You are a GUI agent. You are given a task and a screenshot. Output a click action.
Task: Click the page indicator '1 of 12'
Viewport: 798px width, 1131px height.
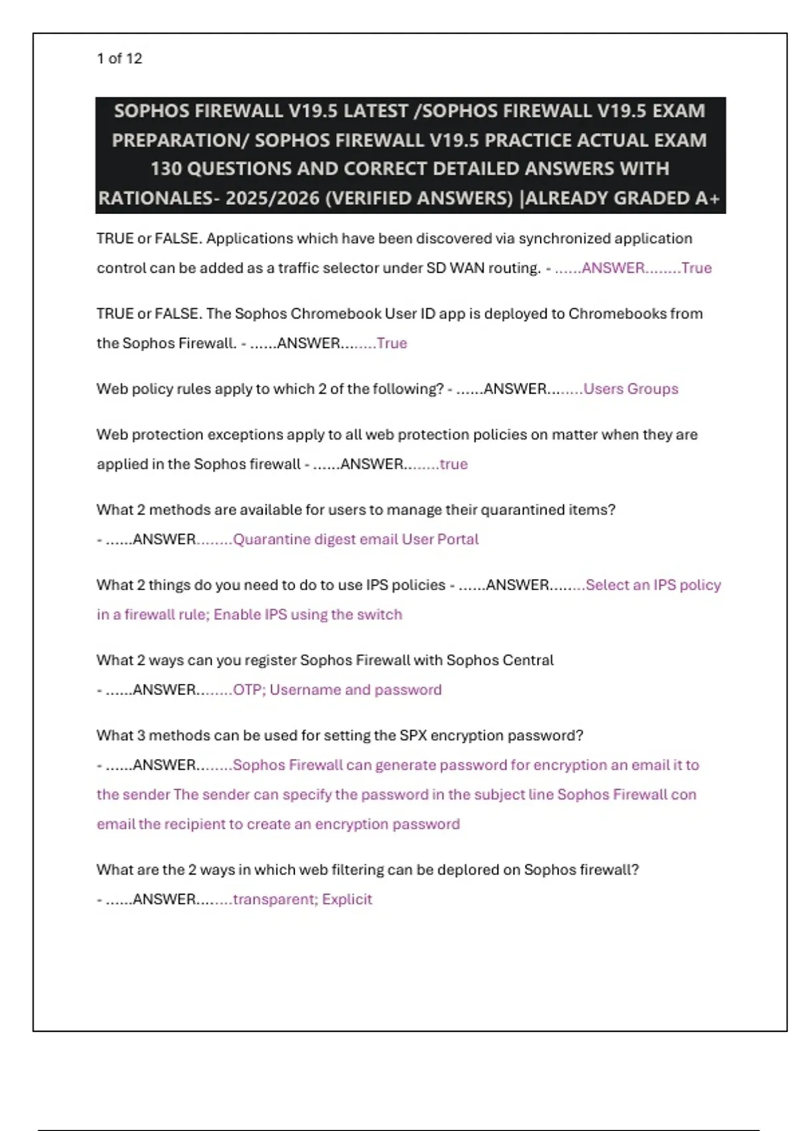pyautogui.click(x=119, y=59)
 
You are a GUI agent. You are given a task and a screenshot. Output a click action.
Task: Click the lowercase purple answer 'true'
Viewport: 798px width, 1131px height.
pyautogui.click(x=454, y=464)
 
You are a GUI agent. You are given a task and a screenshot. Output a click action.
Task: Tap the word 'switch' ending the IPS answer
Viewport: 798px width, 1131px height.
pyautogui.click(x=381, y=615)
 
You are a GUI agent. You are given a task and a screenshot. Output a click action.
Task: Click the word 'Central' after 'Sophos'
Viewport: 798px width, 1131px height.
pyautogui.click(x=529, y=660)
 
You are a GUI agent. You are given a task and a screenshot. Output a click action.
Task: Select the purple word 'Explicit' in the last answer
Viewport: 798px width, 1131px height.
pyautogui.click(x=347, y=899)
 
